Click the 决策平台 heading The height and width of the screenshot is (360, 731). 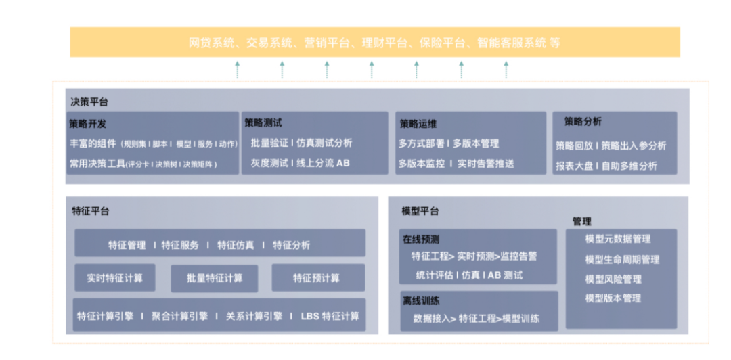click(89, 102)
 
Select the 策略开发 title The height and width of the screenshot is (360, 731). click(87, 124)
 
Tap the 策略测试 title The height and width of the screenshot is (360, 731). click(263, 122)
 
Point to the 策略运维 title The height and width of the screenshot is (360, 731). click(418, 124)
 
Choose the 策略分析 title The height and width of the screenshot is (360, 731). click(583, 122)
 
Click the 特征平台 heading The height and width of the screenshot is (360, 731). click(91, 210)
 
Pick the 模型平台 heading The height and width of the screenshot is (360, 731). click(420, 211)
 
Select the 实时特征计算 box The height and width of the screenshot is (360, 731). click(114, 277)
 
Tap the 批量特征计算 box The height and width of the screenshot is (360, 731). click(215, 277)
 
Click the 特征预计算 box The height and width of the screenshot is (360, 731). click(317, 278)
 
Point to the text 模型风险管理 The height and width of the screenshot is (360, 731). click(613, 279)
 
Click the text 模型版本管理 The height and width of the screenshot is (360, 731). click(613, 298)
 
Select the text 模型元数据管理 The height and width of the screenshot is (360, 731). click(618, 239)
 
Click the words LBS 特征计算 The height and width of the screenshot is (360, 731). click(330, 316)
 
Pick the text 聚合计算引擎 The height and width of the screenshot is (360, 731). click(179, 316)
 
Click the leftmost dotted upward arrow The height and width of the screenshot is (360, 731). click(238, 69)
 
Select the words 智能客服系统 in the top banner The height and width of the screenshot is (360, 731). click(511, 43)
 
